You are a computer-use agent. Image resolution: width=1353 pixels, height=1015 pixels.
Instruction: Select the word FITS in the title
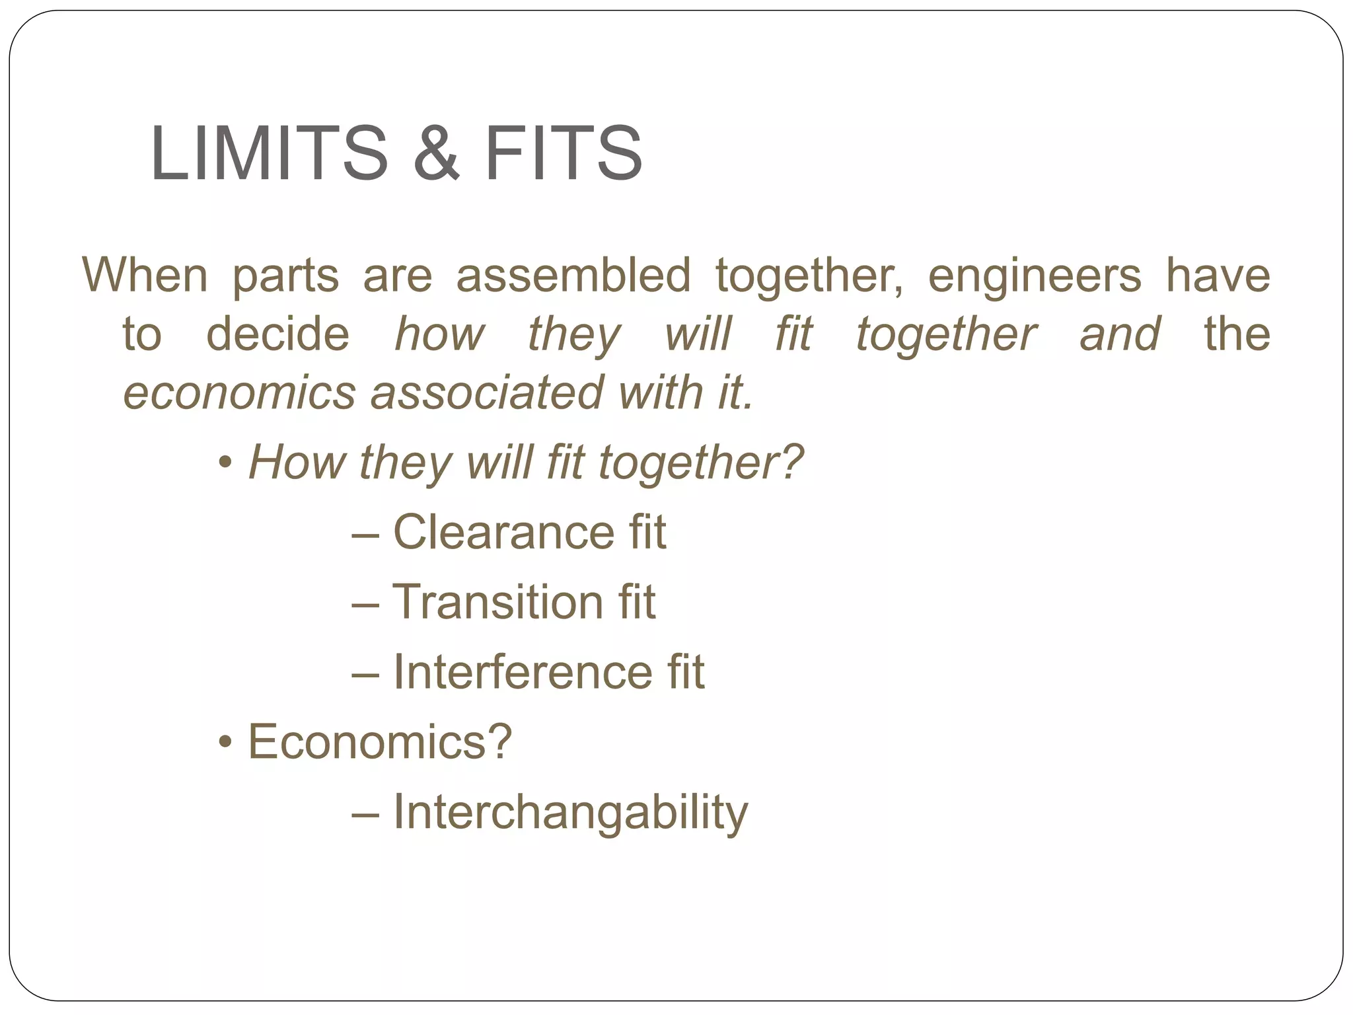click(x=563, y=153)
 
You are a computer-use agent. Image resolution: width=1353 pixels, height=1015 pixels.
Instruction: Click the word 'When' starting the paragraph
click(x=145, y=275)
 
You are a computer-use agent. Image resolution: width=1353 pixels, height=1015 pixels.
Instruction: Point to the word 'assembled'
click(x=573, y=275)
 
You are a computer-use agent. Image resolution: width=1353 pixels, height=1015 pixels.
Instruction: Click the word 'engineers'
click(x=1034, y=275)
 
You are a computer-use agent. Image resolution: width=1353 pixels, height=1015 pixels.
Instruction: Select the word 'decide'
click(x=277, y=334)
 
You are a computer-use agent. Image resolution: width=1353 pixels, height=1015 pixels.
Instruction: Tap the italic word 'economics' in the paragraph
click(x=239, y=393)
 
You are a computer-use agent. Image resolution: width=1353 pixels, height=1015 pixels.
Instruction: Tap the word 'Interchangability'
click(x=570, y=812)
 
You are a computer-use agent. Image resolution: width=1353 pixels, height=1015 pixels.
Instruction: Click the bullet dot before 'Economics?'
click(x=225, y=743)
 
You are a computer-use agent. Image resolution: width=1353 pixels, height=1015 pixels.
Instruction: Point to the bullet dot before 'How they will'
click(x=225, y=463)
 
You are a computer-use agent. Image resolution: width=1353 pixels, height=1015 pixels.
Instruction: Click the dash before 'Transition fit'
click(x=365, y=603)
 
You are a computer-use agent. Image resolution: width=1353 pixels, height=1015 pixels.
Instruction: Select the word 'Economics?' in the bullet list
click(x=380, y=742)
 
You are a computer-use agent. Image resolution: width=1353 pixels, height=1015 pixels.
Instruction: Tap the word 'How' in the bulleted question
click(x=296, y=462)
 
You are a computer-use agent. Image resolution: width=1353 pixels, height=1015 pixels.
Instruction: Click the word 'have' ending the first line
click(x=1217, y=275)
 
